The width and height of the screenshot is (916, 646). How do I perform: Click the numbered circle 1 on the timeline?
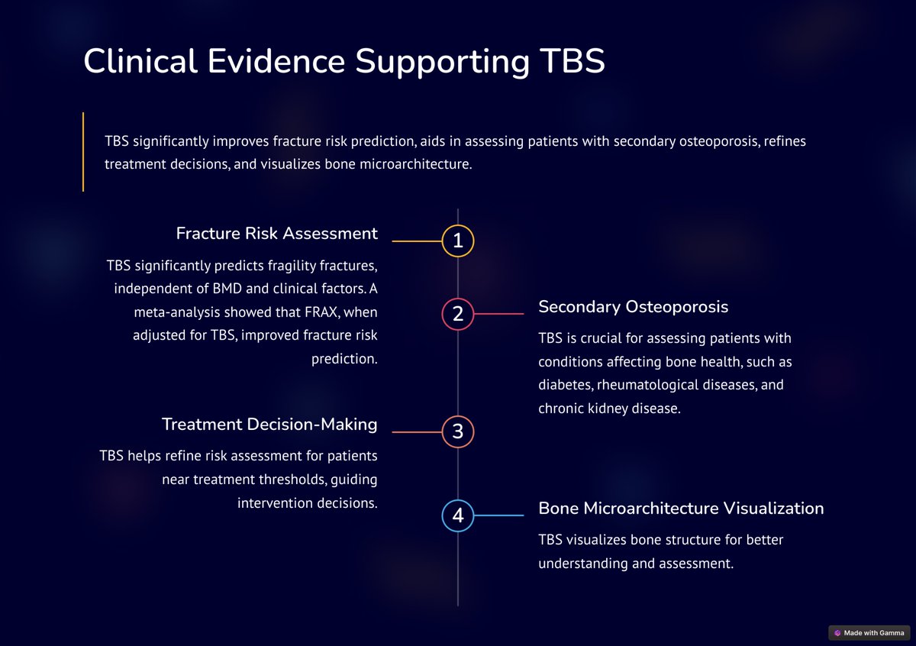458,241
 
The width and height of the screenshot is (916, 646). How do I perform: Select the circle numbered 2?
458,314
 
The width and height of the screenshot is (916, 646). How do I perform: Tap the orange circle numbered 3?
458,432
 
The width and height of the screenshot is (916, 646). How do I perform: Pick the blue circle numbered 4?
458,516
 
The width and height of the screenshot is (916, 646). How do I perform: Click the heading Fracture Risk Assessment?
276,234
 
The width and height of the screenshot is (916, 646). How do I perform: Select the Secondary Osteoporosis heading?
633,307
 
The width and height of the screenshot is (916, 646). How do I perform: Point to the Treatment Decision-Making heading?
269,425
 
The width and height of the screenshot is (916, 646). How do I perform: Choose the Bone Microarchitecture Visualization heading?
681,509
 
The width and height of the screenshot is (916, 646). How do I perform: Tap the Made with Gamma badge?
869,633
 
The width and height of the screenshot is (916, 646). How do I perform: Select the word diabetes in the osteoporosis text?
564,385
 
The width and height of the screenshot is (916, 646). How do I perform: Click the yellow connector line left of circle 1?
417,241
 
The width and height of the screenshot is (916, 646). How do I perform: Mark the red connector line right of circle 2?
499,314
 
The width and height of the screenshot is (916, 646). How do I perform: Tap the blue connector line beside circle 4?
499,516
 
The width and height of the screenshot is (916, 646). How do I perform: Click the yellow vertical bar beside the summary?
83,151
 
